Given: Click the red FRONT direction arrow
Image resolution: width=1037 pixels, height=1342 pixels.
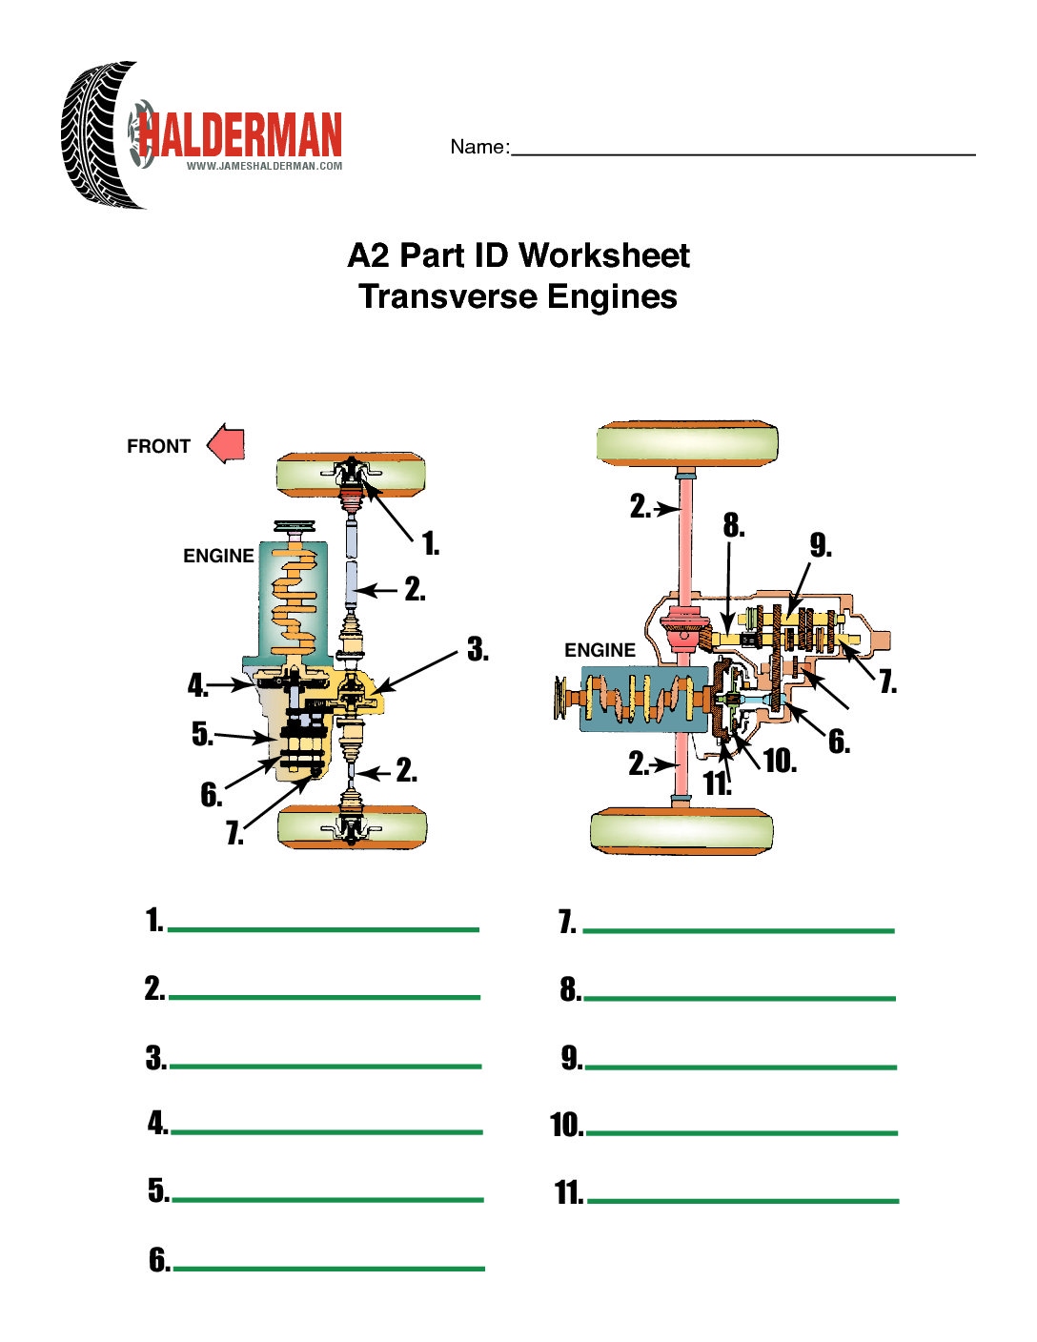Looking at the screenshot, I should (227, 444).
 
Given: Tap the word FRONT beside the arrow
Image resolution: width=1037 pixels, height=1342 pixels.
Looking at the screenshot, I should (158, 446).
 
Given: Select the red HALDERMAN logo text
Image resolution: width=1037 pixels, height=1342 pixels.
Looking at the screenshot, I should (240, 135).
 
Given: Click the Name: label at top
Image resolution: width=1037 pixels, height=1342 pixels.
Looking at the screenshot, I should (479, 147).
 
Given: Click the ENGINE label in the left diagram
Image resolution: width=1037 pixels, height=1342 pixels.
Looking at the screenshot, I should (218, 556).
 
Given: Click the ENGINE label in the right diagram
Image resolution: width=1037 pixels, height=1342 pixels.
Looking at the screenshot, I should (600, 650).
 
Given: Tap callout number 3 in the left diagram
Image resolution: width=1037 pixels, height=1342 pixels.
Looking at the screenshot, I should (478, 650).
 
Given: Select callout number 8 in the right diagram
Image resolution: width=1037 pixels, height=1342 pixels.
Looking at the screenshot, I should (733, 525).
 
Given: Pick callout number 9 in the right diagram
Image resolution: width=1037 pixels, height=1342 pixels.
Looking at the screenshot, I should (821, 545).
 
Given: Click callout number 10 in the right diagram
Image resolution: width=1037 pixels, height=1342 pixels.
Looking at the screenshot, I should (780, 761).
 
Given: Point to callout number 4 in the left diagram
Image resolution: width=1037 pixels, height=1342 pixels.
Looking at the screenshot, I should (197, 684).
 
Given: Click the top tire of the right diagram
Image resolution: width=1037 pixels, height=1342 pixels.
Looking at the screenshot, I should (687, 444).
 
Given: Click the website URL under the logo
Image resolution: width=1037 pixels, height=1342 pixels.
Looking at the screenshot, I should (264, 166).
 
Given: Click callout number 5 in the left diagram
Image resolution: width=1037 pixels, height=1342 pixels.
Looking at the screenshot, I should (201, 733).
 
